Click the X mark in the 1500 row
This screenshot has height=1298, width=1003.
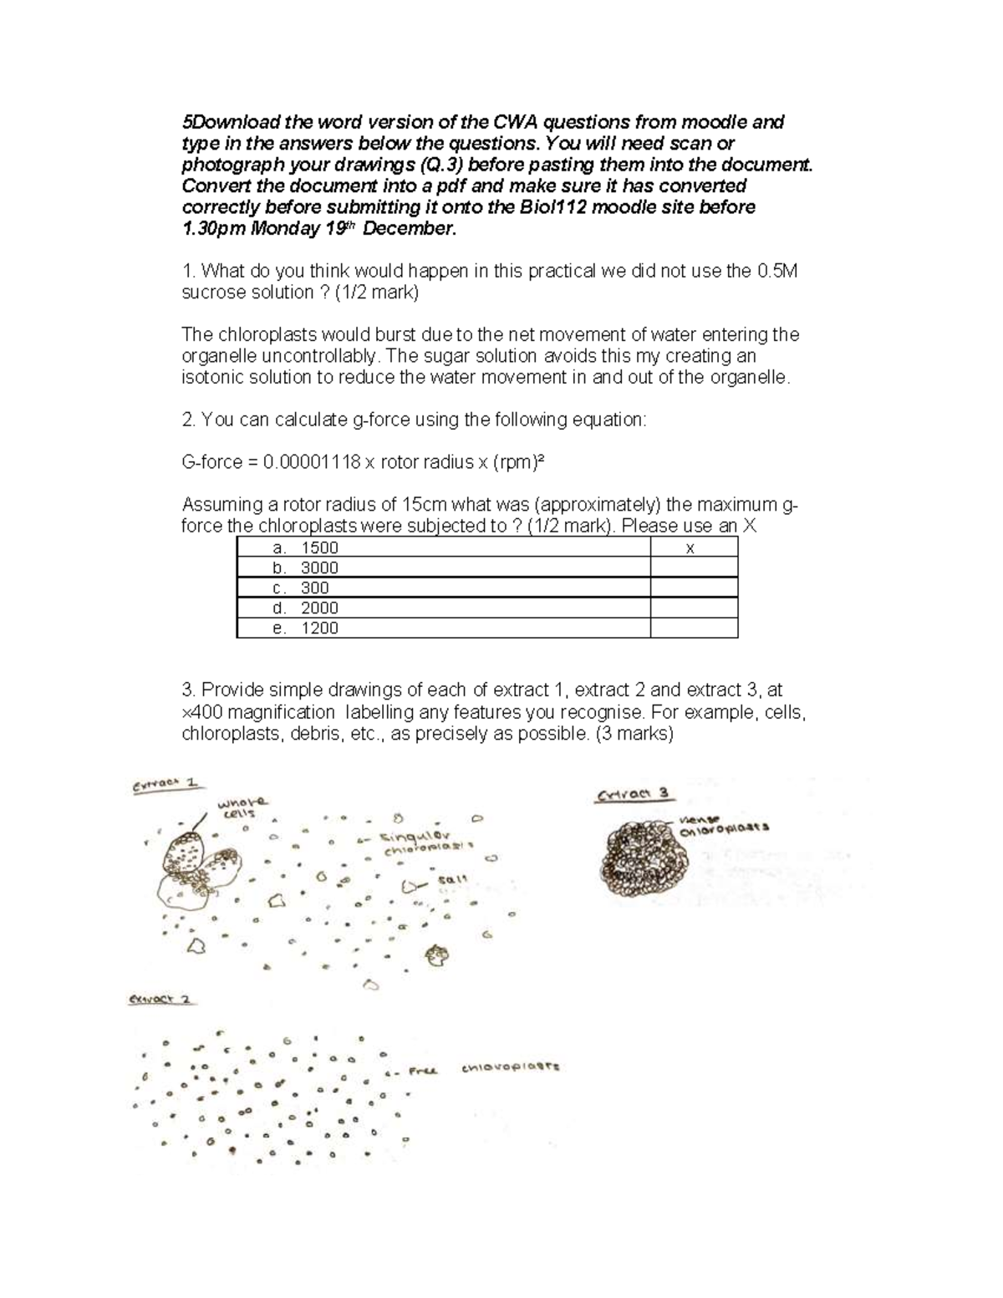690,549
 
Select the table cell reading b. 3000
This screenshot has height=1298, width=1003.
443,568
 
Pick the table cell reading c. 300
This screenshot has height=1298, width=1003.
443,588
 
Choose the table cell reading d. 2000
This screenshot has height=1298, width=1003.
443,608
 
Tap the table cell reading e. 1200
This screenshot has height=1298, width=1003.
443,629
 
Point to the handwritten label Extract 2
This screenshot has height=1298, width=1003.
161,1000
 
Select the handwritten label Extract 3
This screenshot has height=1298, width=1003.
634,795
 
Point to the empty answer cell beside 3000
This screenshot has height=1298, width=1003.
694,568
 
